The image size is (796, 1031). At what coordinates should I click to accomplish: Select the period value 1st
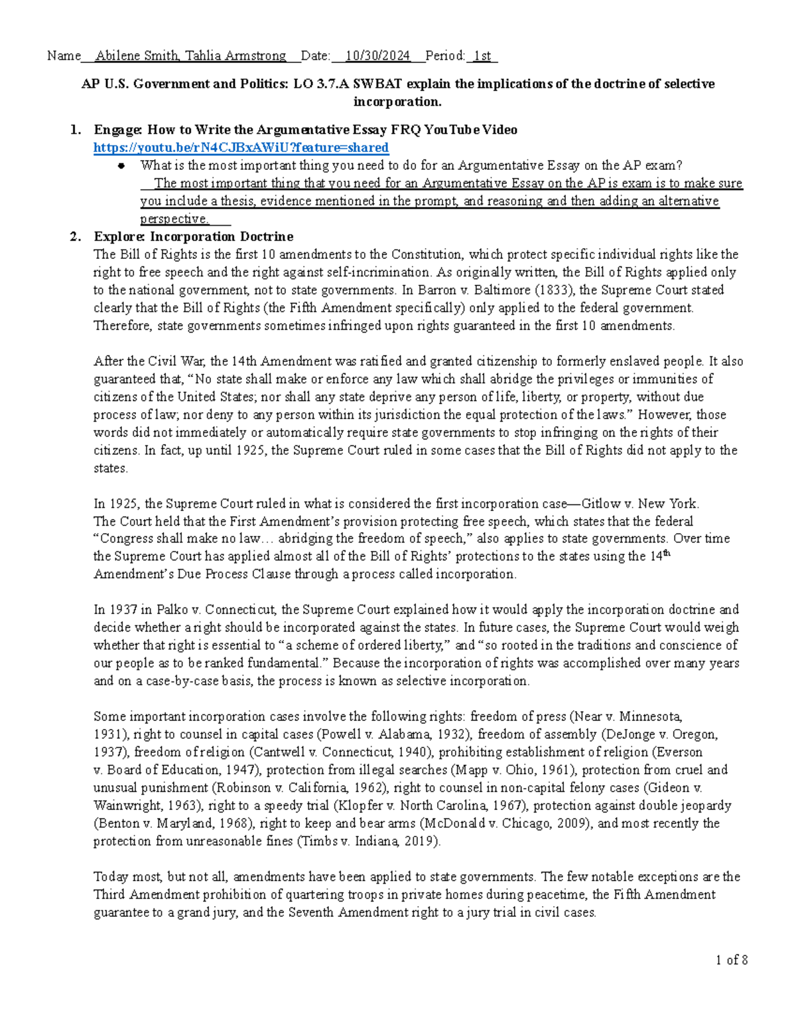click(x=482, y=56)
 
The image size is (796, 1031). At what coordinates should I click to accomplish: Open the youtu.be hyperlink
click(x=241, y=147)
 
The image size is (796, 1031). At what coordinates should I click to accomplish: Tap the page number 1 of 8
click(x=732, y=959)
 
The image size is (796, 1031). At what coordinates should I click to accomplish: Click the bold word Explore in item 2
click(x=119, y=236)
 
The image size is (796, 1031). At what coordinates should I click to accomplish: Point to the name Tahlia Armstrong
click(x=235, y=56)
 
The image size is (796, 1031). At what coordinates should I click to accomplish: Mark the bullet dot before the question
click(x=121, y=166)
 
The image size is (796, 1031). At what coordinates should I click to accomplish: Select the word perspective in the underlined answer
click(x=174, y=218)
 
